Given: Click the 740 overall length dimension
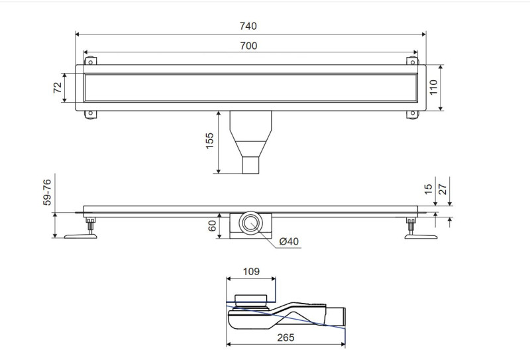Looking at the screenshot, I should coord(248,27).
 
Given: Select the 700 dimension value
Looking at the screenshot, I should coord(248,45).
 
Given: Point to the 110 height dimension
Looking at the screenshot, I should coord(434,87).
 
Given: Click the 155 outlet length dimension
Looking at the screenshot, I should coord(209,141).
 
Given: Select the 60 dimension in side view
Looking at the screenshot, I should coord(212,226).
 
